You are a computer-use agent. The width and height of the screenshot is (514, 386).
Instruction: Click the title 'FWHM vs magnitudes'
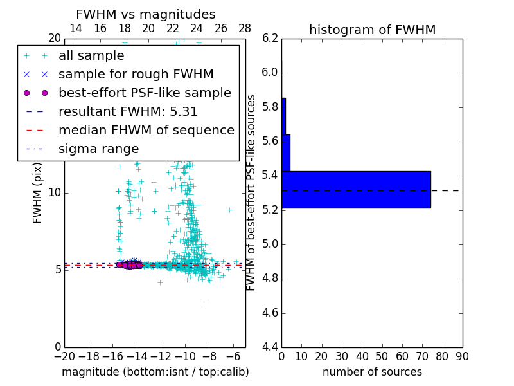pos(146,14)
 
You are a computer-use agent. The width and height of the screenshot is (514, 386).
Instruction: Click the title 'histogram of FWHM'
pos(372,30)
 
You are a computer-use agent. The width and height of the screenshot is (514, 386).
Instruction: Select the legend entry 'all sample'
pos(91,56)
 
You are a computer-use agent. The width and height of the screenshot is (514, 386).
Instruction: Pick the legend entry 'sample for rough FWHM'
pos(136,75)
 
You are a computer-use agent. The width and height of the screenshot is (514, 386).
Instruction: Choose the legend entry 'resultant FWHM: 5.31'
pos(128,112)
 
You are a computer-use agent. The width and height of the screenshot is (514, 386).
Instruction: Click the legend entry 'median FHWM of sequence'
pos(146,131)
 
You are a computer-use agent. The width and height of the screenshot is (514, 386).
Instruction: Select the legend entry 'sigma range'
pos(98,149)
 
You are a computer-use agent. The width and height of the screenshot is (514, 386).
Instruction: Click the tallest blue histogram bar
pos(356,190)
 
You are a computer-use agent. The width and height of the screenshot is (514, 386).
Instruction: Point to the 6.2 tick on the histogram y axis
pos(270,38)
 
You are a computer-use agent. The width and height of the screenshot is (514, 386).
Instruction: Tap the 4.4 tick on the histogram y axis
pos(270,347)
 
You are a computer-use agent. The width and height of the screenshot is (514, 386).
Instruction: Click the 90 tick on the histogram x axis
pos(462,356)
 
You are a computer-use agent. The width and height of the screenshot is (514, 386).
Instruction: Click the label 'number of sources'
pos(372,372)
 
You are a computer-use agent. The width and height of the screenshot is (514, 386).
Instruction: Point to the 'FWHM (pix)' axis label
pos(38,192)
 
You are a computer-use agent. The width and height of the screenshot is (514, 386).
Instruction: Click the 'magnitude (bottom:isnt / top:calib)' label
pos(155,372)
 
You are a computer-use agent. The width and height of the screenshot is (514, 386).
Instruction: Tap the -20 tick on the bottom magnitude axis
pos(64,356)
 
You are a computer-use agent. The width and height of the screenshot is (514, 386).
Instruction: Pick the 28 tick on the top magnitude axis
pos(245,28)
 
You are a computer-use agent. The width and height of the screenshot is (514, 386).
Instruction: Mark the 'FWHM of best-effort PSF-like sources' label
pos(252,192)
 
